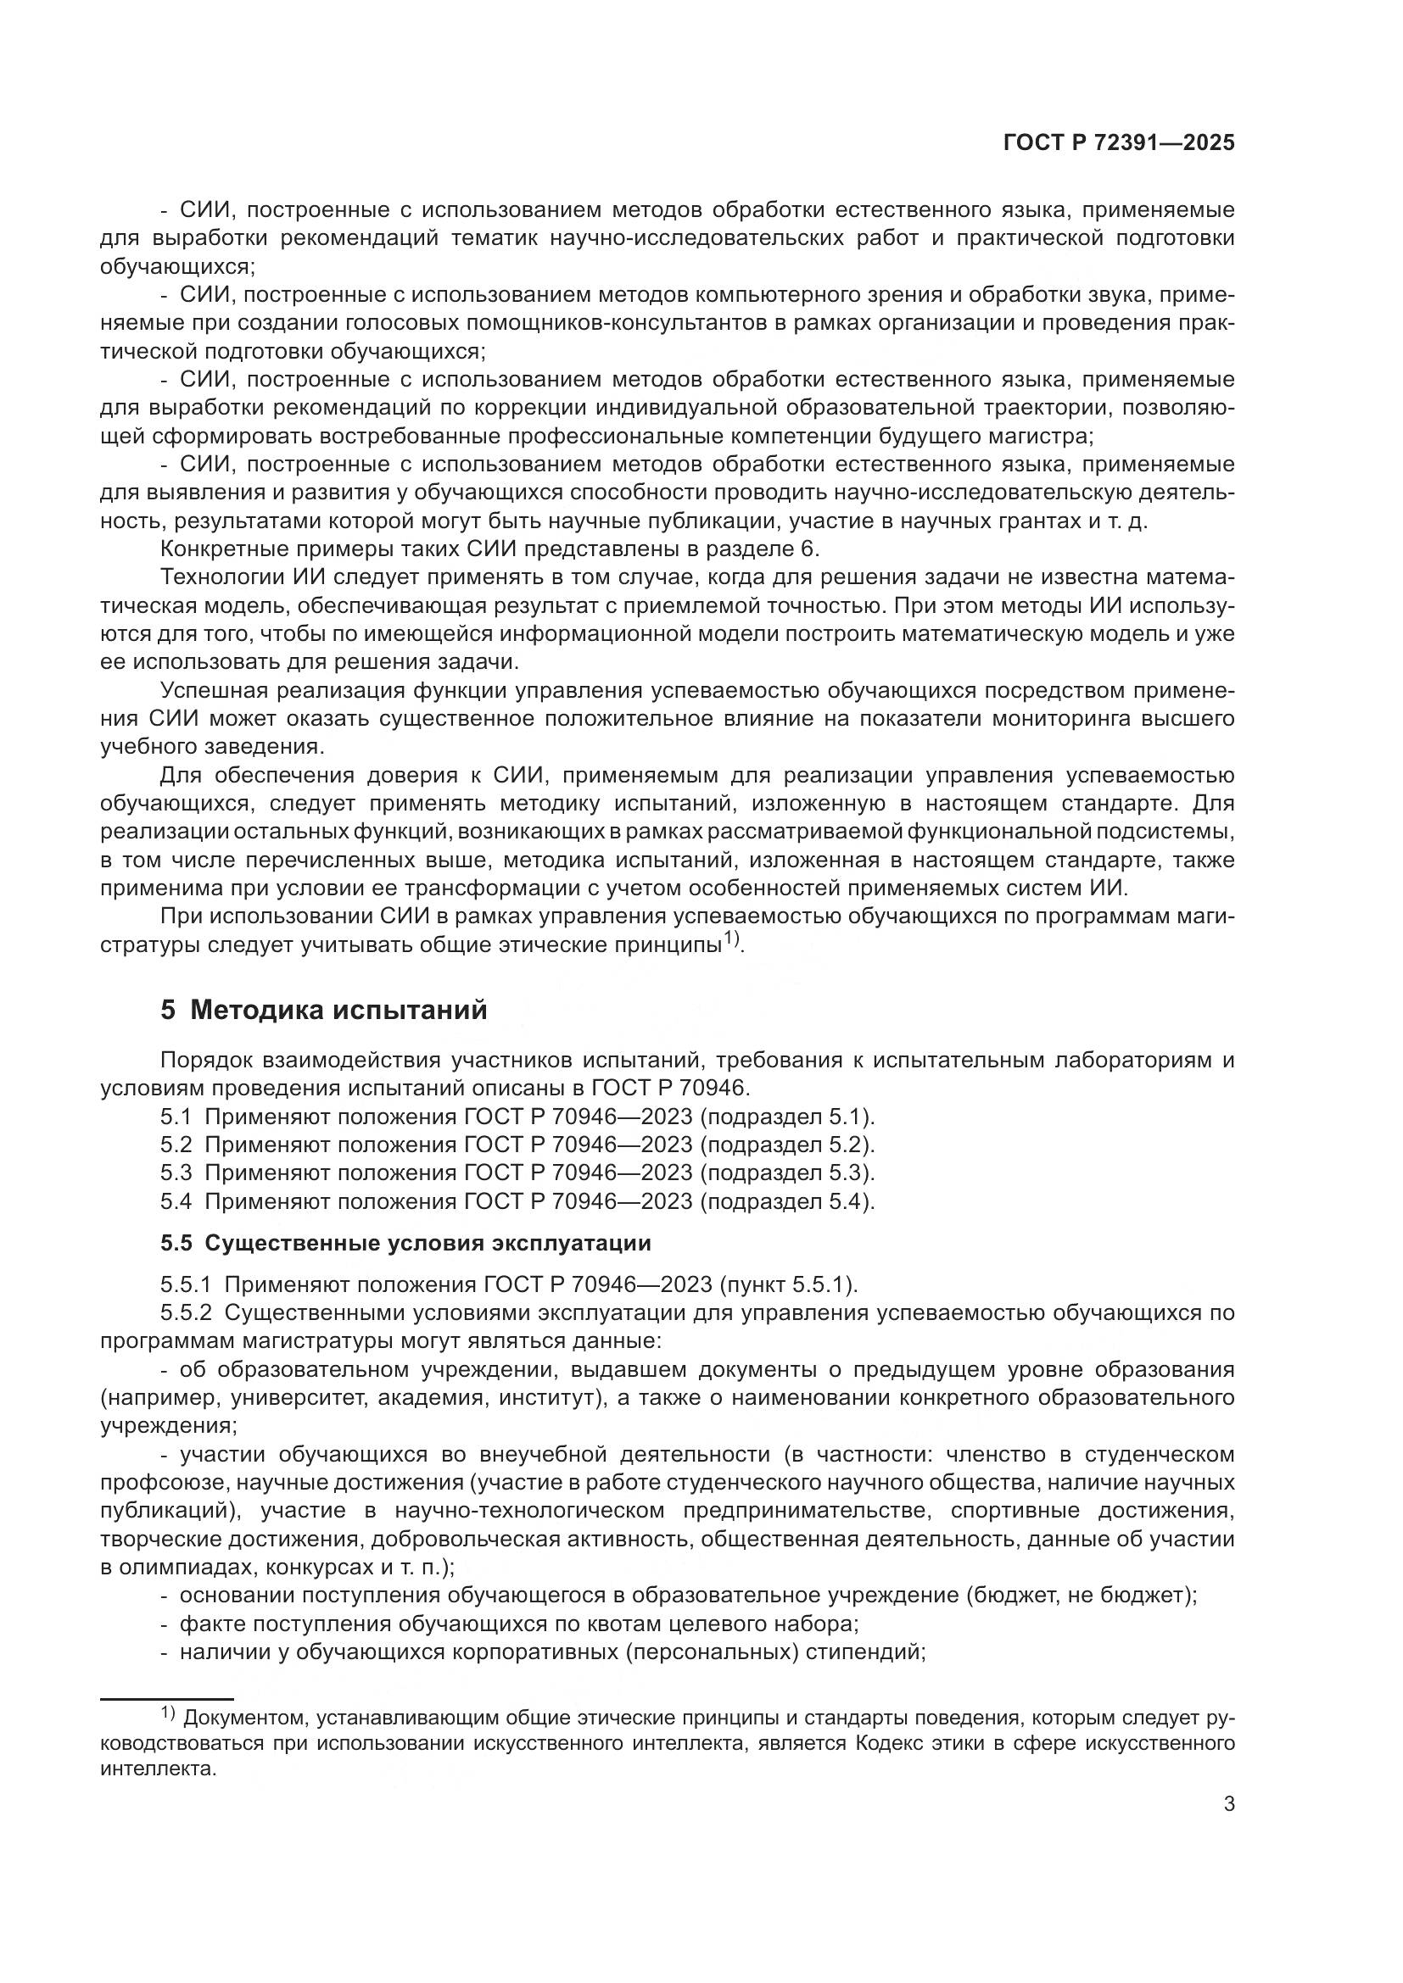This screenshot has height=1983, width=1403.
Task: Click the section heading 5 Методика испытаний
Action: [x=324, y=1010]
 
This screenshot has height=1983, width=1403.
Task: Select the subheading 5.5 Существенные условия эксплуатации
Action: [x=405, y=1244]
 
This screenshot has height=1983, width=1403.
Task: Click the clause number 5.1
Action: [x=176, y=1117]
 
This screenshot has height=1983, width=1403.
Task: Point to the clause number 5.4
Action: [x=176, y=1201]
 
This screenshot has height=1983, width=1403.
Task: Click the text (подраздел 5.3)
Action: [x=787, y=1173]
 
